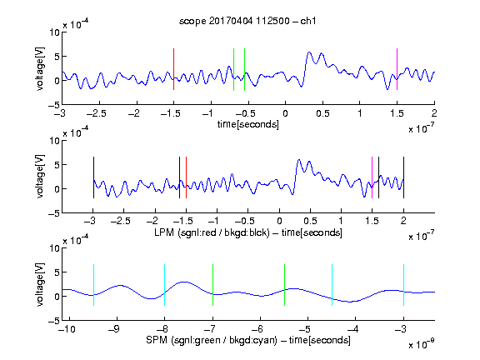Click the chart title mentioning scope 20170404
click(247, 21)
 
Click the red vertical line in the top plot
click(173, 69)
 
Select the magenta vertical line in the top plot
click(397, 69)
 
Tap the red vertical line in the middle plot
click(186, 177)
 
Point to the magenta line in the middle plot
click(372, 177)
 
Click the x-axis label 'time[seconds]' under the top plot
click(248, 124)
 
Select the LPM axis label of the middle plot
click(248, 232)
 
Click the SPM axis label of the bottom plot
click(248, 340)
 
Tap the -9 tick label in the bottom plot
click(115, 329)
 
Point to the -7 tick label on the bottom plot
click(211, 329)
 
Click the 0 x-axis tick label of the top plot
click(285, 113)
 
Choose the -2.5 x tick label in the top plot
click(97, 113)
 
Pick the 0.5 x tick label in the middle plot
click(310, 221)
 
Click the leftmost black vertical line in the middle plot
click(93, 177)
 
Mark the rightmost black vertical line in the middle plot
click(403, 177)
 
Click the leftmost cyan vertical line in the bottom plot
click(93, 285)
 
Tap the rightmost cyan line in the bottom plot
click(403, 285)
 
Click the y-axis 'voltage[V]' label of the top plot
click(40, 68)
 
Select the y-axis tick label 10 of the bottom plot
click(55, 247)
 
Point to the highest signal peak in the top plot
click(309, 52)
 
